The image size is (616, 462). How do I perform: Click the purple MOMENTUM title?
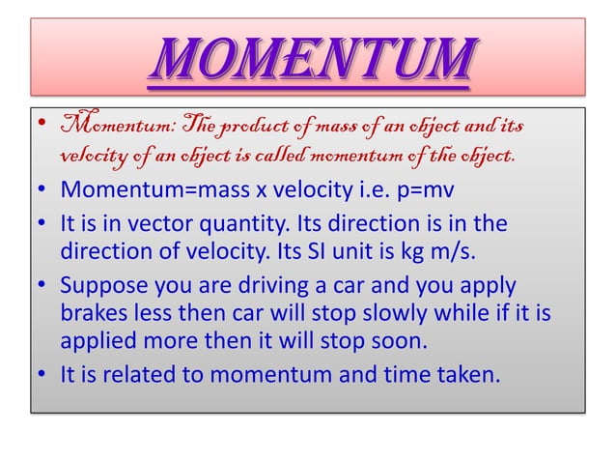pos(309,60)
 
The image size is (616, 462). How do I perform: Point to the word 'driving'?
pos(255,286)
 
